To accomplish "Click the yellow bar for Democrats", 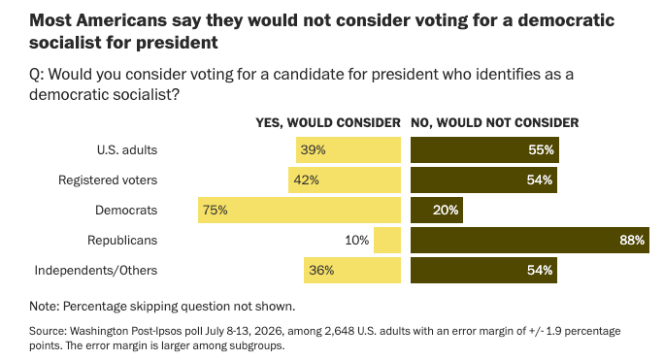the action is [x=299, y=210].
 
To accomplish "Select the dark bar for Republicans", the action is [x=530, y=240].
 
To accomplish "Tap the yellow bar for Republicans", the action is [x=387, y=240].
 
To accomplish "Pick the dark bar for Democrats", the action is [x=437, y=210].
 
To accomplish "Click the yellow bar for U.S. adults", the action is [x=349, y=150].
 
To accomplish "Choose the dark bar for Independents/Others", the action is [x=483, y=270].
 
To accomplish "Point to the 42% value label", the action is [x=306, y=180].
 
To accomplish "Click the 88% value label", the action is [x=632, y=240].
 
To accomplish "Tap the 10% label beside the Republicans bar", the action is [x=356, y=240].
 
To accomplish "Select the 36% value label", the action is [x=321, y=270].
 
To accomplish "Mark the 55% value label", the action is [x=541, y=150].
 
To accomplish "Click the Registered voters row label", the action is [x=108, y=180].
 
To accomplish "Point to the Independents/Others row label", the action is [x=96, y=270].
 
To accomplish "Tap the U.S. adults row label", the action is [x=127, y=150].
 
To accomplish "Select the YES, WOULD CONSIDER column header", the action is [x=328, y=123].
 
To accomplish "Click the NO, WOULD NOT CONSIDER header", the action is [x=495, y=123].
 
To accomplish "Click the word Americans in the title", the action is [x=122, y=20].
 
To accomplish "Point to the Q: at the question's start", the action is [x=37, y=75].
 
